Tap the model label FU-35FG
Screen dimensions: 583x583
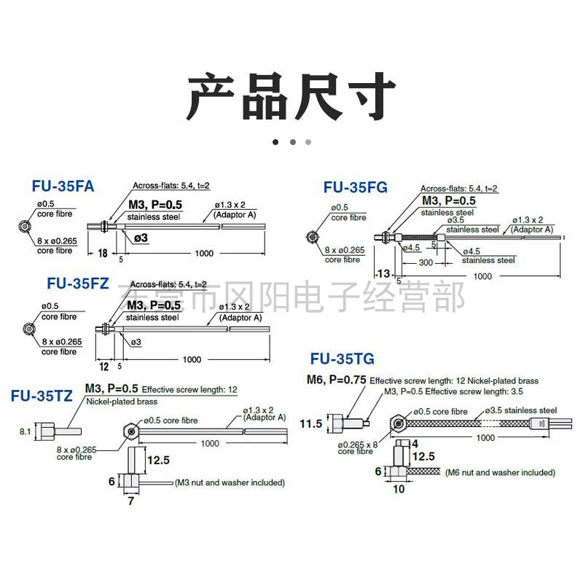pos(356,187)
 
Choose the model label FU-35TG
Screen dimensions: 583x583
pos(342,359)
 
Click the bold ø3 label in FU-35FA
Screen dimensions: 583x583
pos(140,238)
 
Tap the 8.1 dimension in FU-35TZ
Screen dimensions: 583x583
pos(25,431)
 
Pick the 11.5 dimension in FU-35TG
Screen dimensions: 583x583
pos(310,423)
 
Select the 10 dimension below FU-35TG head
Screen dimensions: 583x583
pos(399,490)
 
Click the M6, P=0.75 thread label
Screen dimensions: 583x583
pos(336,380)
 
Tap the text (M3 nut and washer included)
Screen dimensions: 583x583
pos(230,482)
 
